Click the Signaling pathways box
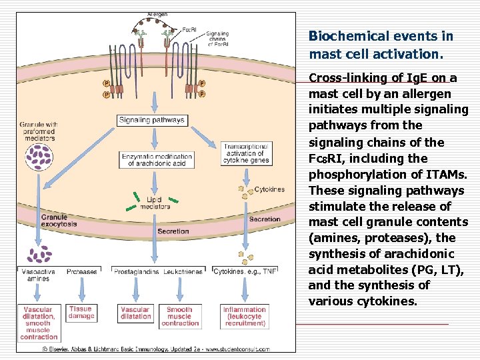pos(152,120)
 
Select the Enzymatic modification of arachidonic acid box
pos(157,160)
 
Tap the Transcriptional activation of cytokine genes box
pos(247,154)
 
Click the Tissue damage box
pos(81,313)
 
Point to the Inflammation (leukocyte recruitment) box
pos(245,317)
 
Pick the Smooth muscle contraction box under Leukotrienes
pos(180,317)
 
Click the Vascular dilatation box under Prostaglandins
pos(135,313)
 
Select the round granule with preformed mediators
pos(39,157)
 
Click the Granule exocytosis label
pos(59,221)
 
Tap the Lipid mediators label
pos(155,203)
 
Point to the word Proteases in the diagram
pos(82,272)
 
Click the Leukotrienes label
pos(183,272)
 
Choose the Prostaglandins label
pos(136,272)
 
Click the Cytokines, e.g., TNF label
pos(245,271)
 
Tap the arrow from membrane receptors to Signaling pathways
pos(155,102)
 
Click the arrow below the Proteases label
pos(82,289)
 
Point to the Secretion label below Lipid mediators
pos(173,231)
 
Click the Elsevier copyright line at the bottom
pos(156,349)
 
